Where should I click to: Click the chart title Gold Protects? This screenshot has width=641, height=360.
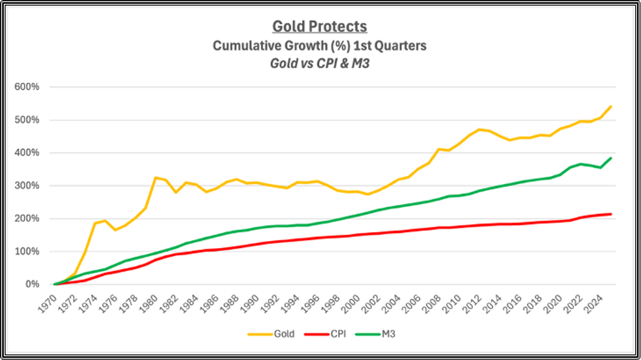point(320,27)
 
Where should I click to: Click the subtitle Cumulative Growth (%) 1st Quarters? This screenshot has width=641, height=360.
point(320,46)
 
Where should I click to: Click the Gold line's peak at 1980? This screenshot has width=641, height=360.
point(156,177)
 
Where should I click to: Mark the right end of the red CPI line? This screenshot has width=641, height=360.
point(611,214)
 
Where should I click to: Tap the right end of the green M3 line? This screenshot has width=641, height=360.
point(611,158)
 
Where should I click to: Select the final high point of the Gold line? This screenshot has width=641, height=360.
point(611,106)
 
